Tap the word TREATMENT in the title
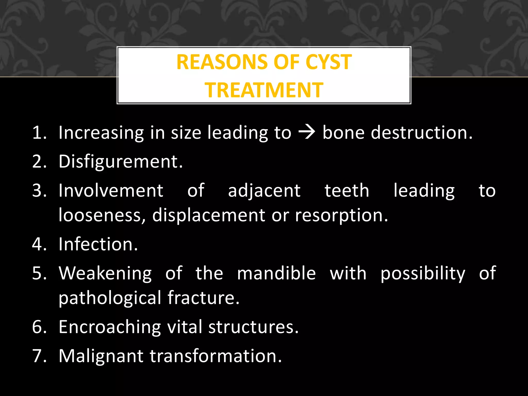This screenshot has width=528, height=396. click(x=264, y=90)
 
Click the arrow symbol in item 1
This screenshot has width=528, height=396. click(x=307, y=133)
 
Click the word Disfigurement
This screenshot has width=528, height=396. click(x=120, y=162)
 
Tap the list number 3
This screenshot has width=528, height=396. click(x=39, y=191)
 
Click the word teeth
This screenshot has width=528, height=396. click(x=347, y=191)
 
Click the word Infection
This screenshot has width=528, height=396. click(x=98, y=244)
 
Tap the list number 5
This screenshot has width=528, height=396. click(x=39, y=273)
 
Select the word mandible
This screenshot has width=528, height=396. click(x=276, y=273)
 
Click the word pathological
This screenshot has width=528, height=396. click(x=110, y=298)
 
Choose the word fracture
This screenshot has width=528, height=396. click(x=203, y=298)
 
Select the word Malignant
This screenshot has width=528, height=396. click(x=101, y=356)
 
